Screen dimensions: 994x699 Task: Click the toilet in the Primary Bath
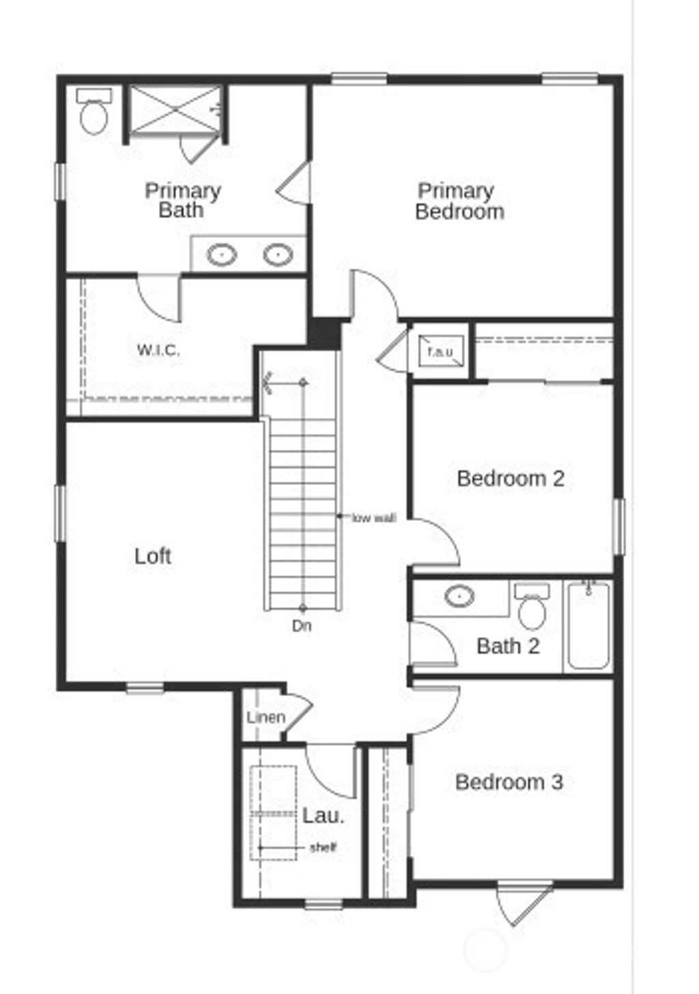(94, 113)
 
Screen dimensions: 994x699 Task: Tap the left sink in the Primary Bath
(222, 255)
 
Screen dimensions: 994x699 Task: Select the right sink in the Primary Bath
(278, 255)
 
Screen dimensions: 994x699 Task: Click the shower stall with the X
(176, 109)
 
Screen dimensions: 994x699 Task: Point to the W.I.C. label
(158, 350)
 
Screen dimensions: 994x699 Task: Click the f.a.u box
(440, 352)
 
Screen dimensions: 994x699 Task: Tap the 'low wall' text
(373, 518)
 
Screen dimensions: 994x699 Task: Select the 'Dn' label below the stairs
(302, 625)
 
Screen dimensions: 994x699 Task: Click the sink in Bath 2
(459, 596)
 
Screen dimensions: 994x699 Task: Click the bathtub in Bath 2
(588, 625)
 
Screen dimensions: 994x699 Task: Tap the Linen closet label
(266, 718)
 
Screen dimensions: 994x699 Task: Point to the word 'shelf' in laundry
(323, 848)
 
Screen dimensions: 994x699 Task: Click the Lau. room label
(324, 815)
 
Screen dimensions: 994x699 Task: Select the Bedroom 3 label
(509, 782)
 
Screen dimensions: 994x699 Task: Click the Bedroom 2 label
(511, 478)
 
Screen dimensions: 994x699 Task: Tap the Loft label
(153, 556)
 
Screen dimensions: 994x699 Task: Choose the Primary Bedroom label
(459, 201)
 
